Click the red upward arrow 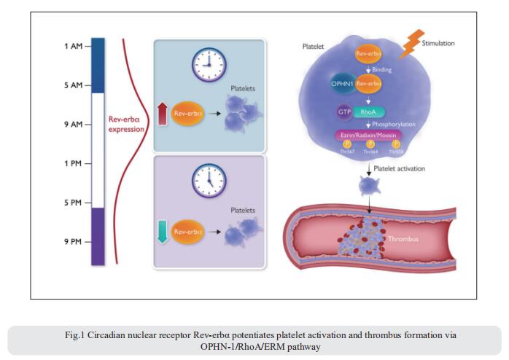tap(163, 114)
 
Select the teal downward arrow tap(163, 231)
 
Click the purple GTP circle tap(343, 112)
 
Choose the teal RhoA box tap(368, 112)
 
